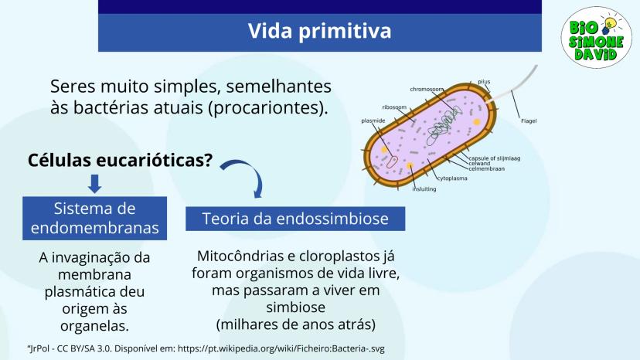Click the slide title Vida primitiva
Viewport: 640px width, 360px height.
[x=319, y=31]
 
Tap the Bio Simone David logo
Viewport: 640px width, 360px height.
[x=596, y=37]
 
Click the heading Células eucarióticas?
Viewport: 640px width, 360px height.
[x=121, y=160]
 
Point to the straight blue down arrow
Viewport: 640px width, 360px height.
[x=95, y=184]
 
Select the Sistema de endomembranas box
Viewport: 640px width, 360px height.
[x=95, y=219]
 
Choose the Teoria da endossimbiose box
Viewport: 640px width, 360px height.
[x=295, y=219]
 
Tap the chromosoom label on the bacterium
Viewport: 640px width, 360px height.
[x=427, y=89]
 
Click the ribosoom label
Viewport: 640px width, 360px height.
[x=394, y=107]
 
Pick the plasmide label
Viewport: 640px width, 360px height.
[x=373, y=121]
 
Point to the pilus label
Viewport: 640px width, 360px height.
[x=484, y=82]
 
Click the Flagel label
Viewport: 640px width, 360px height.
[x=529, y=121]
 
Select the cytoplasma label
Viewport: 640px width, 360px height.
[x=452, y=178]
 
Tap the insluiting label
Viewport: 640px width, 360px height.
[x=424, y=189]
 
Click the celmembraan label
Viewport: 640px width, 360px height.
[x=486, y=168]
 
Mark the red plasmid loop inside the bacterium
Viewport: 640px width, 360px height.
[x=392, y=161]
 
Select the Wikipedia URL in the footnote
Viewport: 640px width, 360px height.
[x=281, y=348]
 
